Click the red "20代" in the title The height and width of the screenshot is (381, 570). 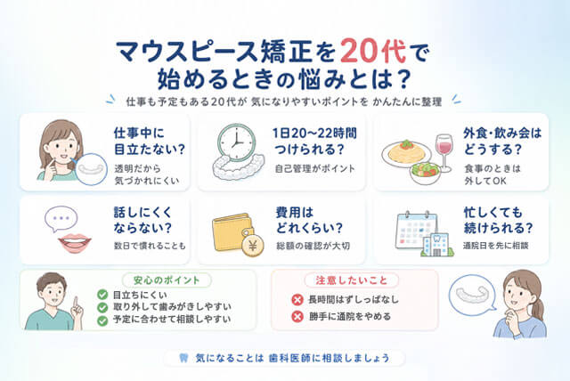373,52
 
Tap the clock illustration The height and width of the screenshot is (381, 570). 236,142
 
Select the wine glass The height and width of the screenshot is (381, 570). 444,153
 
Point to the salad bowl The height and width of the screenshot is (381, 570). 425,173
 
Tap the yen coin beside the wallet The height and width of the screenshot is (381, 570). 253,246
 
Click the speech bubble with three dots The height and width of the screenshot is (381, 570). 61,219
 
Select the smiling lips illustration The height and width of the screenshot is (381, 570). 75,242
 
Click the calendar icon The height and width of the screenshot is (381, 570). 416,231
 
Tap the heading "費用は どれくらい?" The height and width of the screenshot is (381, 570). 309,220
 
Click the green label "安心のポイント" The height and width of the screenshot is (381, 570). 167,280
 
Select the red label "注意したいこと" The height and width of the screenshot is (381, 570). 351,280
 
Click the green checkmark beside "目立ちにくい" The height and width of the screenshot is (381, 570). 102,295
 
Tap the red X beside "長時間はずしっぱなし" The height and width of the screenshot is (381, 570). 297,300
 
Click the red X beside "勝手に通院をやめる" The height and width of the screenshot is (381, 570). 297,317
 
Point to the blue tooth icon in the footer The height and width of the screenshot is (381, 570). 184,358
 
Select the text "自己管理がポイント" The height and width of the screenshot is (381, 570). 314,168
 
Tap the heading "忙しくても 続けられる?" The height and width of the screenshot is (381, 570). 498,220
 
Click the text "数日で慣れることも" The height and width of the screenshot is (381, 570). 150,246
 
